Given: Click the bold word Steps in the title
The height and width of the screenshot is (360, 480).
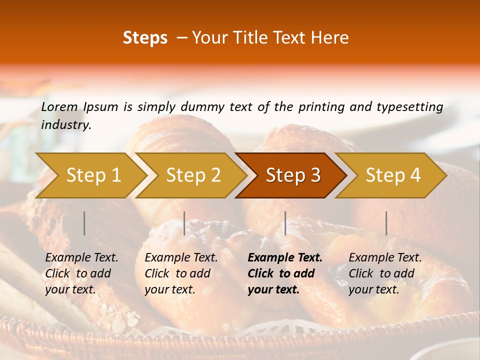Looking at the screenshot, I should pyautogui.click(x=145, y=38).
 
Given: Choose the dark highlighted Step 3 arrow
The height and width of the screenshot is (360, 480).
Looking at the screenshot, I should pyautogui.click(x=293, y=175).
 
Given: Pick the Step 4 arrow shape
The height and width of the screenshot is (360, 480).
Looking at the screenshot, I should pyautogui.click(x=393, y=175).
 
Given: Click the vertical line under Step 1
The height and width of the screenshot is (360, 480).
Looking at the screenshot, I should pyautogui.click(x=84, y=223).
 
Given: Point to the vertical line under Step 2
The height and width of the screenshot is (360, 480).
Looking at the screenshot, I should pyautogui.click(x=184, y=223).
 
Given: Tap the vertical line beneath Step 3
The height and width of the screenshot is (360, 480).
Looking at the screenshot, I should pyautogui.click(x=285, y=223).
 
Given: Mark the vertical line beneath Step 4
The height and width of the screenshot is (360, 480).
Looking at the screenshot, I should pyautogui.click(x=386, y=223).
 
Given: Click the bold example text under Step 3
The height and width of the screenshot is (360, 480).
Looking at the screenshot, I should pyautogui.click(x=284, y=273).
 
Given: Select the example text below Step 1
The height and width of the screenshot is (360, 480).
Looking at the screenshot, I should pyautogui.click(x=81, y=273).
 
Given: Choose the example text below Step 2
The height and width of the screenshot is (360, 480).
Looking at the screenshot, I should pyautogui.click(x=181, y=273).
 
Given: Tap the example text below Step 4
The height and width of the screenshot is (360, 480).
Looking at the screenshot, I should pyautogui.click(x=385, y=273).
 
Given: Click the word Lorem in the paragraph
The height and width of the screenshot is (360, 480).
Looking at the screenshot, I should pyautogui.click(x=59, y=106).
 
